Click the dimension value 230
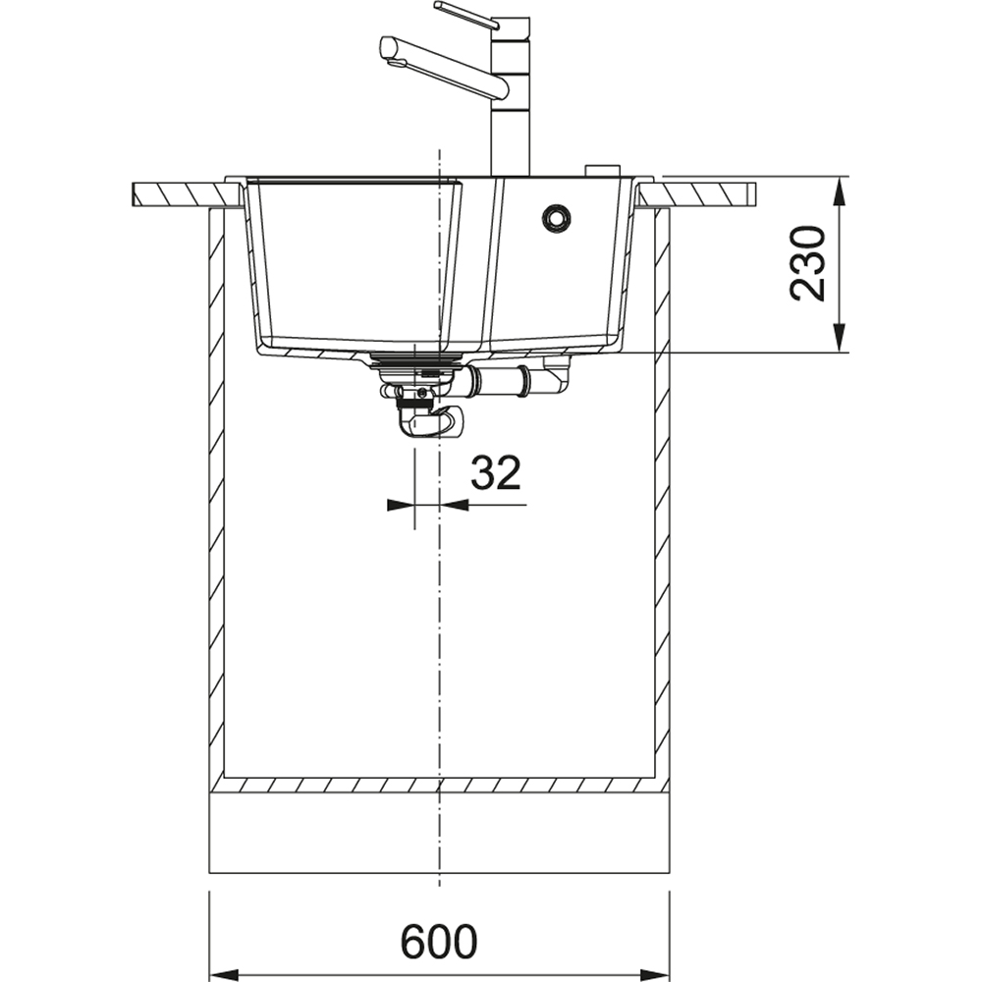click(808, 263)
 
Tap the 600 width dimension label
click(439, 943)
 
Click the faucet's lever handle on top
click(466, 15)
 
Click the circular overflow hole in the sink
click(556, 218)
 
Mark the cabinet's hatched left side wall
click(217, 491)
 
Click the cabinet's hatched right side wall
click(663, 491)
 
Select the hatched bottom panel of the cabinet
click(440, 786)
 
